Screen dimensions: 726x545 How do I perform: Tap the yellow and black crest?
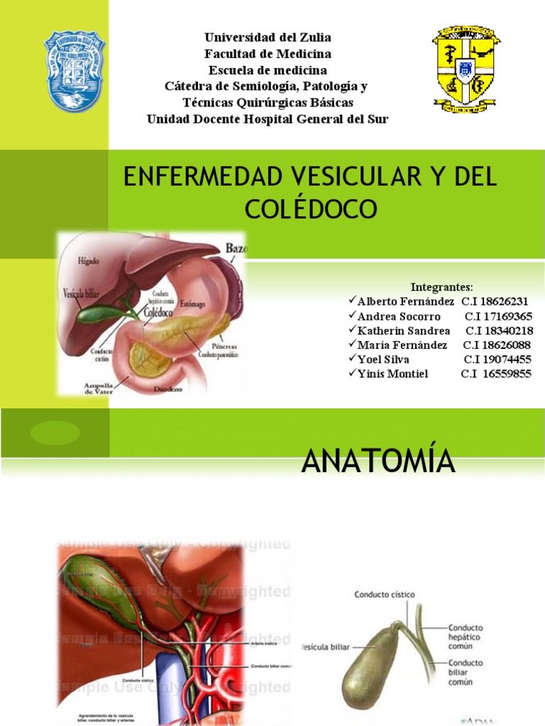click(465, 71)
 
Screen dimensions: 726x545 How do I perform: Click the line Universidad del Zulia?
click(268, 37)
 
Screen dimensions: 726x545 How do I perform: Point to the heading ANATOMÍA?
click(378, 462)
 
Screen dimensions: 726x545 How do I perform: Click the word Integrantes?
click(442, 287)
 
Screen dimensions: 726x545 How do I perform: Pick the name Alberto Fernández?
click(406, 301)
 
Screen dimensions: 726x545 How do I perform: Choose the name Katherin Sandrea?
click(404, 331)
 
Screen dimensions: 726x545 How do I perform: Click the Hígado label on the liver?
click(89, 261)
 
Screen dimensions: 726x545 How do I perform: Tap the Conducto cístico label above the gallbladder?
click(385, 594)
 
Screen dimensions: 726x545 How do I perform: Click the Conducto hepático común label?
click(466, 637)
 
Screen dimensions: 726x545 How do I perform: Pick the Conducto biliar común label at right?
click(466, 672)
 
